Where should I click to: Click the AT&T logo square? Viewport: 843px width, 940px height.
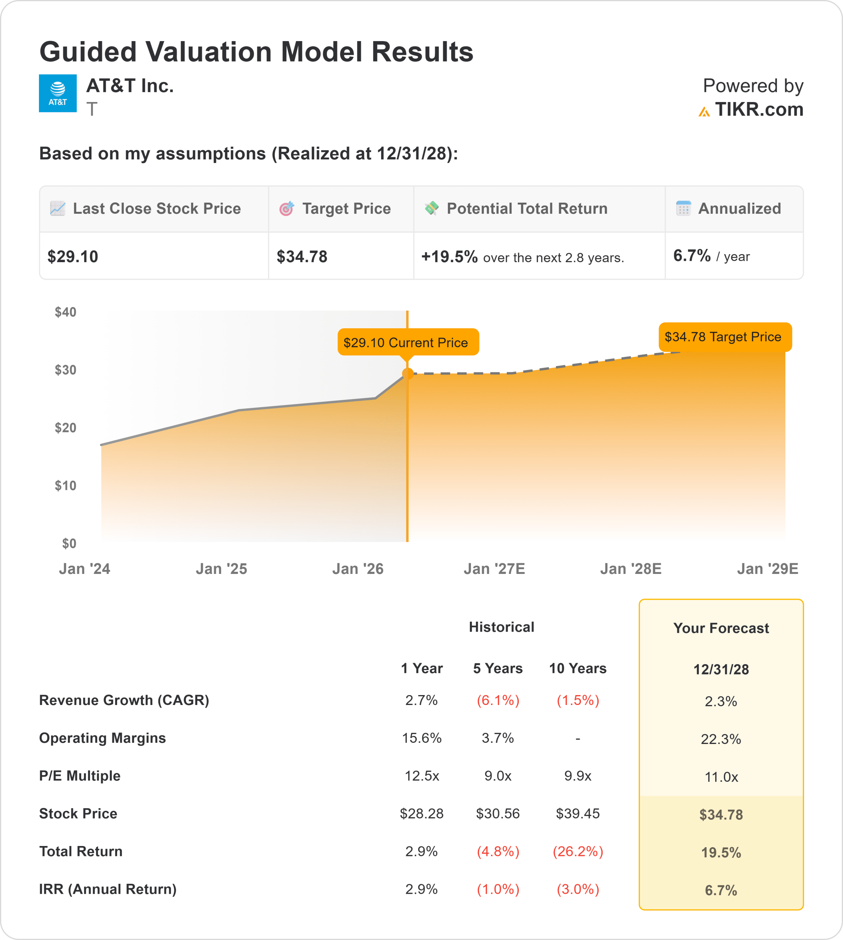pyautogui.click(x=57, y=93)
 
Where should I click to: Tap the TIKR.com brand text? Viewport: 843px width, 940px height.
pyautogui.click(x=758, y=110)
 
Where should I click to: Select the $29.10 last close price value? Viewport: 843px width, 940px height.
pyautogui.click(x=73, y=257)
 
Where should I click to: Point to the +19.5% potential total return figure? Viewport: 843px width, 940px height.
pyautogui.click(x=449, y=257)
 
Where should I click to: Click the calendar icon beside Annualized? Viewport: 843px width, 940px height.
pyautogui.click(x=683, y=209)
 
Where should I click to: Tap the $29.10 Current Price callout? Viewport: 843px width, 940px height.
pyautogui.click(x=408, y=342)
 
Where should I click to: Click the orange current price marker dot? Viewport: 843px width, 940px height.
pyautogui.click(x=408, y=374)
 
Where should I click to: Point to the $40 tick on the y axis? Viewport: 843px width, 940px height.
pyautogui.click(x=65, y=312)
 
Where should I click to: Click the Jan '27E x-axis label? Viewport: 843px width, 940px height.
pyautogui.click(x=494, y=569)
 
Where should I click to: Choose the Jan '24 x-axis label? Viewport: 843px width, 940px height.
pyautogui.click(x=84, y=569)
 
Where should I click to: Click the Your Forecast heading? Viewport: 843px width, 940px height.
pyautogui.click(x=721, y=628)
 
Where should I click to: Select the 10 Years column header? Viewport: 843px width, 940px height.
pyautogui.click(x=577, y=669)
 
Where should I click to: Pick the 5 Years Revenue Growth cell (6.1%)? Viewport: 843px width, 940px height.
pyautogui.click(x=498, y=701)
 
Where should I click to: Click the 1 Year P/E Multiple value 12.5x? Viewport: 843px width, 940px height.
pyautogui.click(x=421, y=776)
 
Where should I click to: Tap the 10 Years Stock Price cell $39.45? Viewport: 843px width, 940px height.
pyautogui.click(x=577, y=814)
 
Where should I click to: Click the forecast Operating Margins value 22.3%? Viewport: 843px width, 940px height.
pyautogui.click(x=721, y=740)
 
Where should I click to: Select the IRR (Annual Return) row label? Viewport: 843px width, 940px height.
pyautogui.click(x=108, y=889)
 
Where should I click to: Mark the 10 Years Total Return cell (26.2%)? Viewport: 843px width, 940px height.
pyautogui.click(x=577, y=852)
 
